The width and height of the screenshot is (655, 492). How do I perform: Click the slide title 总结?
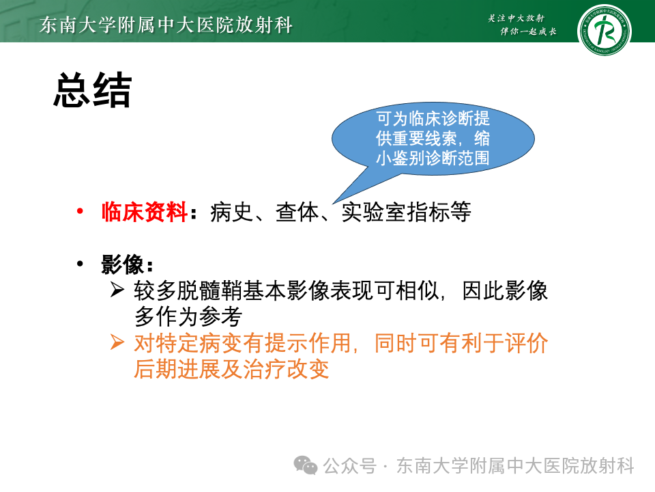[x=93, y=90]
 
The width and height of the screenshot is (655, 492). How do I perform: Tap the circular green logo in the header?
[x=604, y=30]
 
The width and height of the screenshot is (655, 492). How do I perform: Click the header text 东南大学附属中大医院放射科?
[x=166, y=25]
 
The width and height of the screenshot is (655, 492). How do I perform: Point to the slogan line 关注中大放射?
[x=516, y=18]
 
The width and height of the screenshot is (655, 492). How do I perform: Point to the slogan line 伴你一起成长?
[x=528, y=31]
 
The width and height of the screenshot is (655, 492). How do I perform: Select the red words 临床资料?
[x=144, y=212]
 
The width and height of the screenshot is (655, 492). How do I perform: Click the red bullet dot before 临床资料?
[x=80, y=211]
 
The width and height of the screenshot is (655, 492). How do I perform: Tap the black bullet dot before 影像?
[x=80, y=264]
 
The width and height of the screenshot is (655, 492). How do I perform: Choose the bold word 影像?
[x=122, y=264]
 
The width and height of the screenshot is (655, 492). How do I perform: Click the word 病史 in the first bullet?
[x=231, y=212]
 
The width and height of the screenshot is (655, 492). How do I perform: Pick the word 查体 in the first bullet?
[x=297, y=212]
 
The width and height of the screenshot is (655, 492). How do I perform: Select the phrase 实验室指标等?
[x=406, y=212]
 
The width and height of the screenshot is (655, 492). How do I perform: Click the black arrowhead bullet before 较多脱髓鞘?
[x=117, y=290]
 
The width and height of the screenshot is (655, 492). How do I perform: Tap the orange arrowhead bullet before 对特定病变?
[x=117, y=342]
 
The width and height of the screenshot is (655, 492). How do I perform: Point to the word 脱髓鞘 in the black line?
[x=209, y=290]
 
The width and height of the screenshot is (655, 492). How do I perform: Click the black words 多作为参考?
[x=188, y=316]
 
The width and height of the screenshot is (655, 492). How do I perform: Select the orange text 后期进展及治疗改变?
[x=231, y=368]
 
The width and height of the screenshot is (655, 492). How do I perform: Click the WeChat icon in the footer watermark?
[x=306, y=465]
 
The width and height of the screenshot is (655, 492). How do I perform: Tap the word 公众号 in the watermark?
[x=349, y=465]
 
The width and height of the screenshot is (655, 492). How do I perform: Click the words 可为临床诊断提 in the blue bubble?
[x=433, y=118]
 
